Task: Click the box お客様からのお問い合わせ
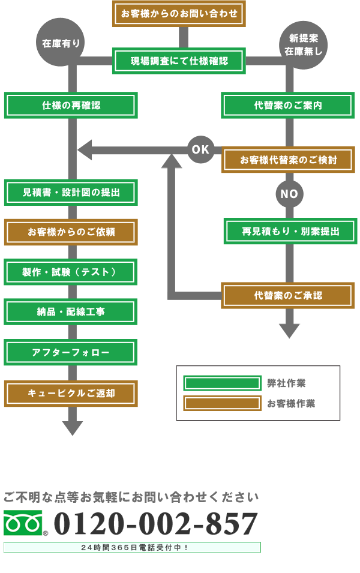(179, 13)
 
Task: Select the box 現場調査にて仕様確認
(179, 61)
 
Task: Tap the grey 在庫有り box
(61, 42)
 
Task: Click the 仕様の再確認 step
(71, 106)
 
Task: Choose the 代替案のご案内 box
(288, 106)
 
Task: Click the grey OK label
(200, 149)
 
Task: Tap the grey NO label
(289, 194)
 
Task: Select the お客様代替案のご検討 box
(288, 160)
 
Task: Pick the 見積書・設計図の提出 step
(71, 192)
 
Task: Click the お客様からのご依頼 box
(71, 232)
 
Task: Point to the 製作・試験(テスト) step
(71, 272)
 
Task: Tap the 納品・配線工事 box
(71, 311)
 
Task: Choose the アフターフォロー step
(71, 352)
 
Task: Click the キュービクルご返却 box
(71, 394)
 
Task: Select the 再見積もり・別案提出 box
(290, 231)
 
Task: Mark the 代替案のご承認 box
(288, 295)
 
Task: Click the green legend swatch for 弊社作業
(222, 383)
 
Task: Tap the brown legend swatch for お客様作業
(222, 403)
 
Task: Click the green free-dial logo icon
(23, 523)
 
